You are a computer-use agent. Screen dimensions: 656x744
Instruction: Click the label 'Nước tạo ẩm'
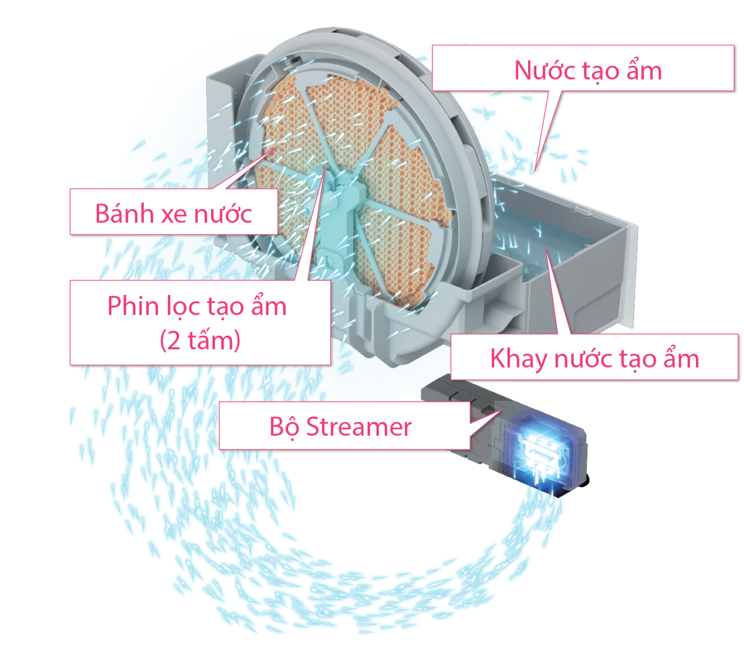tap(588, 71)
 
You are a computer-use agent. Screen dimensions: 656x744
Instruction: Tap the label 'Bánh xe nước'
tap(173, 213)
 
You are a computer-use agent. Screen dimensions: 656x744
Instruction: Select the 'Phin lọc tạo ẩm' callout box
tap(200, 323)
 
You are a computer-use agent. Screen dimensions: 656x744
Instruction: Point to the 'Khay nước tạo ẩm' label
tap(594, 359)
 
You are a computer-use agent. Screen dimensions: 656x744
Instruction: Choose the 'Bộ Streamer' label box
tap(340, 427)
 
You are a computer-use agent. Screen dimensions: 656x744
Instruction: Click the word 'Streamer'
tap(359, 427)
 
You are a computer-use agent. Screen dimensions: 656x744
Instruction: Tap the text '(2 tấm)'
tap(200, 341)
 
